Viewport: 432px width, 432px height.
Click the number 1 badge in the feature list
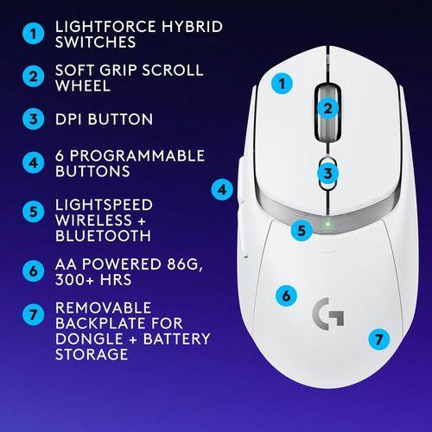32,34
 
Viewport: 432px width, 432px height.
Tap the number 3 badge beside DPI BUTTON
32,119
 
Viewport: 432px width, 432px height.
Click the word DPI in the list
71,119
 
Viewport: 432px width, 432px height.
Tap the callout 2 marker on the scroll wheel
327,108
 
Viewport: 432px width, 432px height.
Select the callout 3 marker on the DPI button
326,174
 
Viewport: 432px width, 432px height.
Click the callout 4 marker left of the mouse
222,188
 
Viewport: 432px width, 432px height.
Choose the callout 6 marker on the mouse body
284,295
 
